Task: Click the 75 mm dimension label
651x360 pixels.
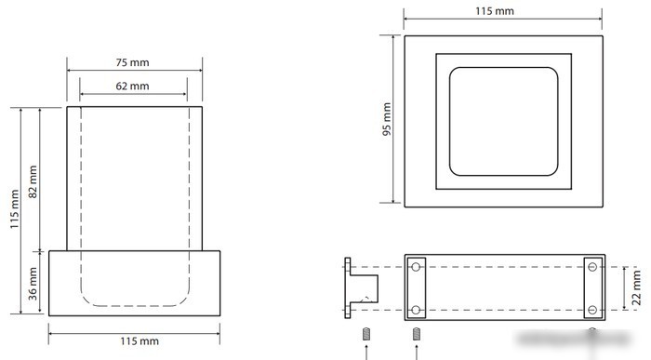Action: (x=132, y=62)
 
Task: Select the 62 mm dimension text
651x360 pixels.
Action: (x=132, y=86)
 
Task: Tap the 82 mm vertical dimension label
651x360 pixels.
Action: (x=33, y=181)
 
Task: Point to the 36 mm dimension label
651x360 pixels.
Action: (x=33, y=284)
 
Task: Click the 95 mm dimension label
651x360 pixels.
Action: (x=387, y=119)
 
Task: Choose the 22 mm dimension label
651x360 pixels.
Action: (x=636, y=287)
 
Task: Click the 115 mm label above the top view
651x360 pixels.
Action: (x=495, y=11)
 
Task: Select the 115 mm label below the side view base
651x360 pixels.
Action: (x=139, y=341)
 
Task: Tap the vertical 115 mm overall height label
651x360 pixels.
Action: (x=15, y=209)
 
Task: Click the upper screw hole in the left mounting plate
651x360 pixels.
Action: (x=416, y=267)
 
